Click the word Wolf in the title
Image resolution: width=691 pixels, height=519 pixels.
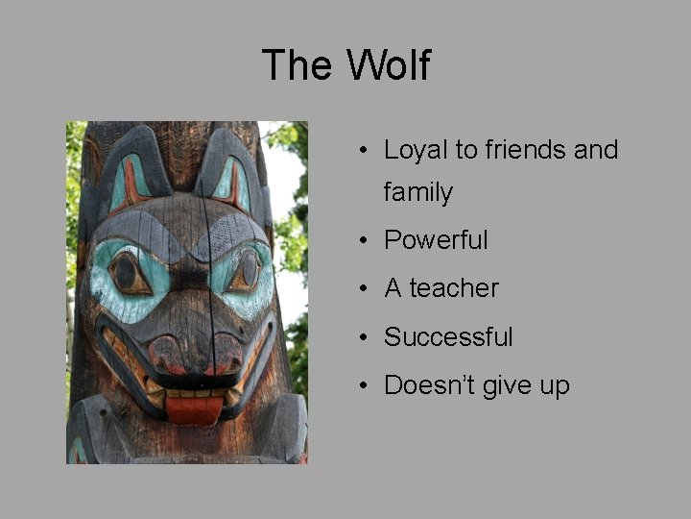point(389,65)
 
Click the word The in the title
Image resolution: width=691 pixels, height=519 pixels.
point(298,65)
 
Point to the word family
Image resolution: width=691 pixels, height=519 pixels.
point(417,192)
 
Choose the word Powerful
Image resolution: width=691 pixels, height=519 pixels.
point(436,239)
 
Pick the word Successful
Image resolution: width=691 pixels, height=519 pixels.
point(448,337)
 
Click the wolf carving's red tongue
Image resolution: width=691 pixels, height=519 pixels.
point(195,409)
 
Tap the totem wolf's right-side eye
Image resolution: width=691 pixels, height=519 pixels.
point(247,271)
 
